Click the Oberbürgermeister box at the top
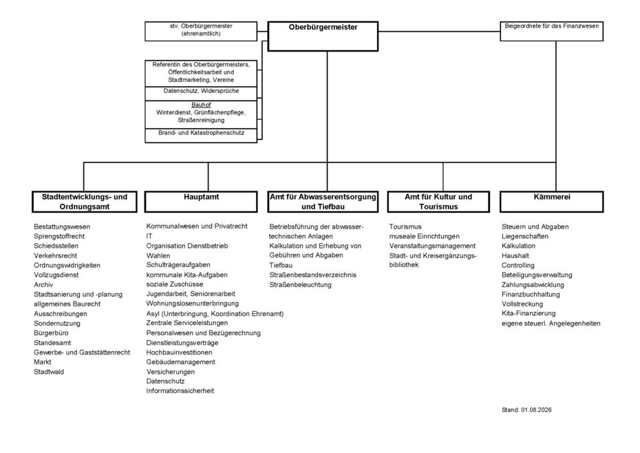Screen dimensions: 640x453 tap(323, 36)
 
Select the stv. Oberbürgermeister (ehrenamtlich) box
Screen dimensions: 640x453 tap(201, 32)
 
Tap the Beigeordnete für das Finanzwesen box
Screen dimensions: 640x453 tap(551, 32)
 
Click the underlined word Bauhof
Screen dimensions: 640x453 tap(201, 105)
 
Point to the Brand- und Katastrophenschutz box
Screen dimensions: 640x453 tap(201, 136)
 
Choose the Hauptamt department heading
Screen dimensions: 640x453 tap(201, 202)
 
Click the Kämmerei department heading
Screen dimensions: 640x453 tap(551, 202)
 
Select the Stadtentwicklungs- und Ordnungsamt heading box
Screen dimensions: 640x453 tap(85, 202)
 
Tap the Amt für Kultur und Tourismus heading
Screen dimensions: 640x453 tap(438, 202)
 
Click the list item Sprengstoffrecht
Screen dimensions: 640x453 tap(59, 237)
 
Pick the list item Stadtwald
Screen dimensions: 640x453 tap(49, 372)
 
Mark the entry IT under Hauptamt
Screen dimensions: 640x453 tap(149, 236)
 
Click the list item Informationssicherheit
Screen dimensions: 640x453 tap(180, 391)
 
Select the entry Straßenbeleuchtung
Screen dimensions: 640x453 tap(300, 285)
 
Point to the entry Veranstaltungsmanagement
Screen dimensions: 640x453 tap(432, 246)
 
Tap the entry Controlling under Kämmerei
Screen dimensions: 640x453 tap(518, 266)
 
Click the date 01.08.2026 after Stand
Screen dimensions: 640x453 tap(536, 410)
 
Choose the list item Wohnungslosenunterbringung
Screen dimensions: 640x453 tap(192, 304)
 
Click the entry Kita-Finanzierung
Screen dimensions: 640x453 tap(529, 313)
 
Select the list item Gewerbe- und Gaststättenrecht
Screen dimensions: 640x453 tap(82, 352)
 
